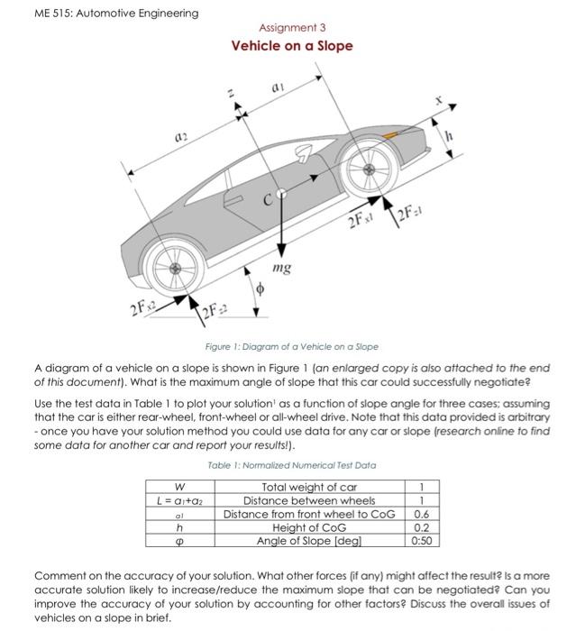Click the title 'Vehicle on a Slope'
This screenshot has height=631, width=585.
pos(292,46)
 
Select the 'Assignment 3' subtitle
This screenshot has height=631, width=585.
pos(292,28)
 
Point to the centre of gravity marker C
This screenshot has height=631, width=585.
pos(280,194)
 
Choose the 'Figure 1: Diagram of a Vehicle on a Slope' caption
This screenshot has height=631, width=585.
pos(292,346)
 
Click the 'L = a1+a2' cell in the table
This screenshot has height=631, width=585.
pos(184,500)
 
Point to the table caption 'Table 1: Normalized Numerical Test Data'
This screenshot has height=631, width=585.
pos(292,465)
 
